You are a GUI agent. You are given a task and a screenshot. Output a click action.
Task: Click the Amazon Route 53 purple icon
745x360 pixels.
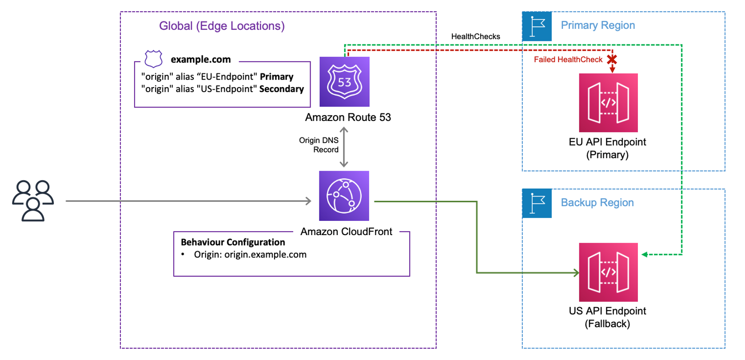click(344, 82)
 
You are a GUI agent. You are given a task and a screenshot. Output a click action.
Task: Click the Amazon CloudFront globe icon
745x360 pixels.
click(344, 196)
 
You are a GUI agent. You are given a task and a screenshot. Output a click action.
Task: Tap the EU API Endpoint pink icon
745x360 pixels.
click(608, 103)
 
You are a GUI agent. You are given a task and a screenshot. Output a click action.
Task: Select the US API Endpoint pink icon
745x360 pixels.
click(608, 272)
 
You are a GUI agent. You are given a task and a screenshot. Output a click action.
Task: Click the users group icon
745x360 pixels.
click(33, 200)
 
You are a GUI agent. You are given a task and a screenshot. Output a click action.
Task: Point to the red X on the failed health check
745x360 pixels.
click(612, 59)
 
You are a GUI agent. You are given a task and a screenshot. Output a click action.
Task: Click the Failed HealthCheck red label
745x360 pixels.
click(568, 60)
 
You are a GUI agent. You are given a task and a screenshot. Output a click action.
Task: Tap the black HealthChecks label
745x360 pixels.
click(475, 36)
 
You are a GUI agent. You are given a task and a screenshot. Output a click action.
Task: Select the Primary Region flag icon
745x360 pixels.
click(537, 26)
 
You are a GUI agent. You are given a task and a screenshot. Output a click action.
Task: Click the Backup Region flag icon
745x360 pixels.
click(537, 204)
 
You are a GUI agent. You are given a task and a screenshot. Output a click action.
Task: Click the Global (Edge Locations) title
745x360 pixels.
click(222, 26)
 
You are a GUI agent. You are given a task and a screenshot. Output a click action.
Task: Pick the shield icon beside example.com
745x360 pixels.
click(153, 59)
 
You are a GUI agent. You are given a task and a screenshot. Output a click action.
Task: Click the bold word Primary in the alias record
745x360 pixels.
click(276, 76)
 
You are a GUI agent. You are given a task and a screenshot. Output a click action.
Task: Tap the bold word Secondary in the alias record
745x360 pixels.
click(281, 89)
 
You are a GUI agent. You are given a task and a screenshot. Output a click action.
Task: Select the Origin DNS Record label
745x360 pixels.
click(319, 145)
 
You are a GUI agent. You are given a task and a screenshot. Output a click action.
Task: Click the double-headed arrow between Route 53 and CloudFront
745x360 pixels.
click(343, 147)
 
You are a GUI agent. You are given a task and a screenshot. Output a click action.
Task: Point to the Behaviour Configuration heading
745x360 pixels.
click(233, 242)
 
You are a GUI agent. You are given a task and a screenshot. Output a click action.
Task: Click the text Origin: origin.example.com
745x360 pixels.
click(250, 255)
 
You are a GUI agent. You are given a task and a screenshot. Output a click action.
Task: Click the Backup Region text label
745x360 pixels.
click(597, 203)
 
